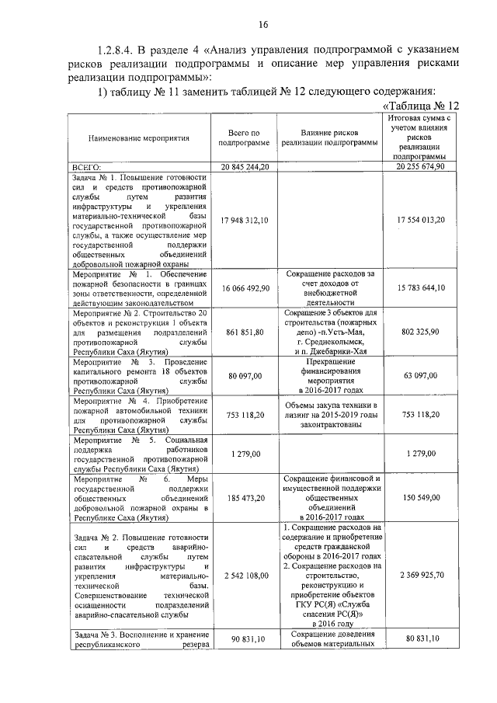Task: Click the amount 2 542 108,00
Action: [x=245, y=576]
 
